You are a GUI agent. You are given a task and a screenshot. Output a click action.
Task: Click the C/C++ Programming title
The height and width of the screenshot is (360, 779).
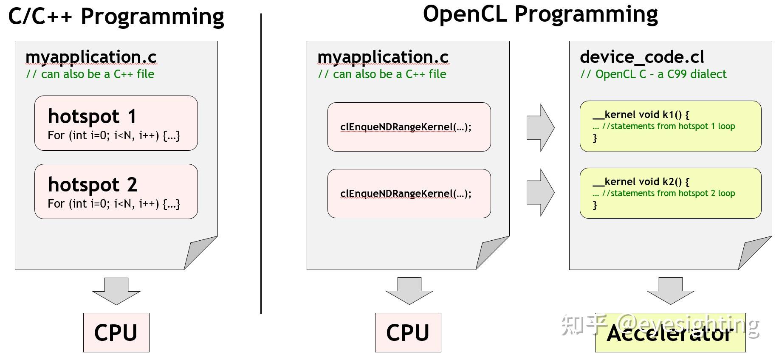pos(116,17)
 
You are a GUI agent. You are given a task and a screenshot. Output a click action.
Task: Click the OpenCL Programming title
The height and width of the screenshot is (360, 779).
pos(540,14)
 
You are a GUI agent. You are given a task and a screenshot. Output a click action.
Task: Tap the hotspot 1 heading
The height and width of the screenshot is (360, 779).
pos(92,116)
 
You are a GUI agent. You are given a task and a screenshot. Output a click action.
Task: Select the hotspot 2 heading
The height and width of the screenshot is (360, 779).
pos(93,184)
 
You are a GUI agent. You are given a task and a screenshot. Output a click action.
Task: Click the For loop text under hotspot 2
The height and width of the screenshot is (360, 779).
pos(114,204)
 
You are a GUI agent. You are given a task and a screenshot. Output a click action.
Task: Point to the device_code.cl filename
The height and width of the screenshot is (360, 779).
pos(641,57)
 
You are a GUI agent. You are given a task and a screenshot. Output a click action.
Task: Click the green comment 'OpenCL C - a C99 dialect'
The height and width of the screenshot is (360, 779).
pos(653,74)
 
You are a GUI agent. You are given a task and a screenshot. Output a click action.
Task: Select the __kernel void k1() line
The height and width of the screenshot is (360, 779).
pos(641,115)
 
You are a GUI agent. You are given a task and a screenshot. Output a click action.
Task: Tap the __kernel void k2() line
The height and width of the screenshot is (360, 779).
pos(641,182)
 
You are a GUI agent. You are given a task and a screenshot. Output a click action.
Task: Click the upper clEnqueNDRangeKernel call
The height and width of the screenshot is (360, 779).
pos(406,127)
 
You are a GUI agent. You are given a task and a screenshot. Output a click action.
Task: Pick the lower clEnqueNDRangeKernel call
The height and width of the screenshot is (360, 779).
pos(406,194)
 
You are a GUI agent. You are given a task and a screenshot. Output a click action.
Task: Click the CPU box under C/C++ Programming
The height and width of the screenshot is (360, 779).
pos(116,332)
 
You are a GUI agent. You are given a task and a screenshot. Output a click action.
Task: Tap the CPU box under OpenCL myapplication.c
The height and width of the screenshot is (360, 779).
pos(408,332)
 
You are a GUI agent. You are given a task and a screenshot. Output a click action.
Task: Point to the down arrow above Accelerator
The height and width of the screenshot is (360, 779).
pos(670,291)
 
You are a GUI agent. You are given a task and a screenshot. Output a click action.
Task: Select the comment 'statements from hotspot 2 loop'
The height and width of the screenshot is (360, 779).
pos(668,193)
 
